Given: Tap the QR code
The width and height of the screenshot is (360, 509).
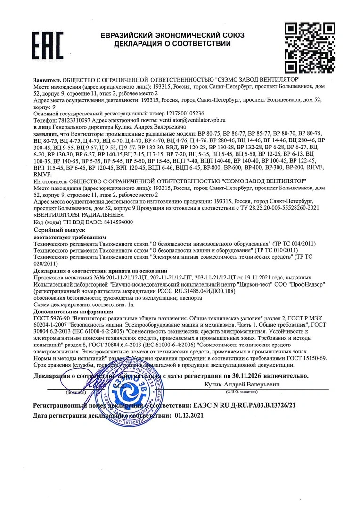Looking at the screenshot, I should coord(310,46).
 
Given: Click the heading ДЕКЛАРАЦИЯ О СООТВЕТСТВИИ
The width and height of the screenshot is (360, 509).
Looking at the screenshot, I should coord(172,44).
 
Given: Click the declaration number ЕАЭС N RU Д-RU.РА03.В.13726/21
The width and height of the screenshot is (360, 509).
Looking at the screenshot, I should coord(245,405).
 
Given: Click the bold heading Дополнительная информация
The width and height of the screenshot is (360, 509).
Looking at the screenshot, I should coord(73,312).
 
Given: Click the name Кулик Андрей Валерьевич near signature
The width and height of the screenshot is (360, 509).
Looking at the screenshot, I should coord(242,385).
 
